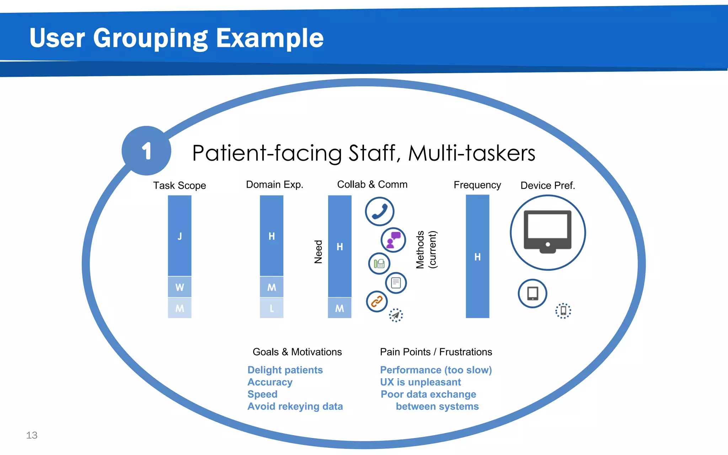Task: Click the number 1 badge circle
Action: pyautogui.click(x=146, y=151)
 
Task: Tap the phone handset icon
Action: pyautogui.click(x=379, y=212)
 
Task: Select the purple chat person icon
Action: pyautogui.click(x=393, y=240)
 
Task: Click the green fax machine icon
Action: pyautogui.click(x=379, y=264)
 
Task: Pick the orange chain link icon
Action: pyautogui.click(x=376, y=301)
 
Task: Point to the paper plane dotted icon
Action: pyautogui.click(x=396, y=315)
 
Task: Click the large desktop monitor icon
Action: pyautogui.click(x=547, y=232)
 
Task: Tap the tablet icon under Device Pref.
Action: pyautogui.click(x=532, y=294)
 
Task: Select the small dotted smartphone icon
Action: pyautogui.click(x=563, y=311)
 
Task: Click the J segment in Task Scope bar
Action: pyautogui.click(x=180, y=236)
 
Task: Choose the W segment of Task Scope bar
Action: pyautogui.click(x=180, y=287)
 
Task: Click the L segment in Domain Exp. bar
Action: pyautogui.click(x=272, y=308)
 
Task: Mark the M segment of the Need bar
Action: pyautogui.click(x=339, y=308)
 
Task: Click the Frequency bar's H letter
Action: pyautogui.click(x=477, y=257)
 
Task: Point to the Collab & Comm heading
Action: pyautogui.click(x=372, y=184)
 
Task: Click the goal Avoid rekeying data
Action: pyautogui.click(x=295, y=406)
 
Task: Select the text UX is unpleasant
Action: pyautogui.click(x=420, y=382)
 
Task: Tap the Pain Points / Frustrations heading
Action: pyautogui.click(x=436, y=352)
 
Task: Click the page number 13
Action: pyautogui.click(x=32, y=435)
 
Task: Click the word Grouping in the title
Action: pyautogui.click(x=150, y=38)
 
